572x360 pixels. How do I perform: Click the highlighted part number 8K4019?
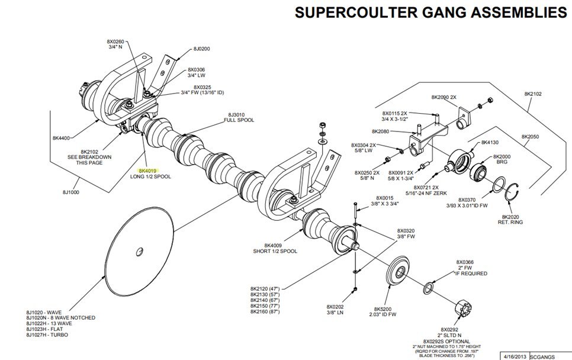click(x=140, y=170)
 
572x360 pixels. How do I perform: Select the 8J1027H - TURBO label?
click(x=47, y=335)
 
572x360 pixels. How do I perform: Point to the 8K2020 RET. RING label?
click(x=514, y=220)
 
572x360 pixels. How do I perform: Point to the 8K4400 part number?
click(x=61, y=138)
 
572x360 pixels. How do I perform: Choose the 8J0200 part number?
click(x=202, y=49)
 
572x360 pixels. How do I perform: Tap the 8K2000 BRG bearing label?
click(x=502, y=159)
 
